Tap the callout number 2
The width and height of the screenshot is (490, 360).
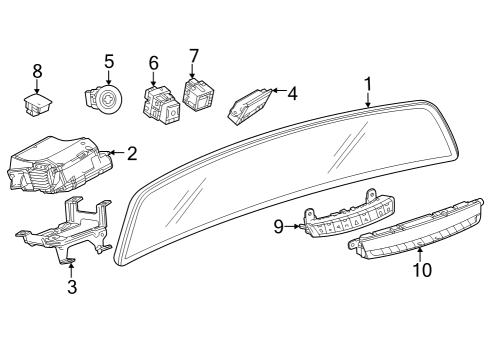(132, 153)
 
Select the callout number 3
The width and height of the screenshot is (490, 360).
(71, 288)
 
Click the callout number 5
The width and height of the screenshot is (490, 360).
(109, 60)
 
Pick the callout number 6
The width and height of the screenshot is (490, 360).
(153, 63)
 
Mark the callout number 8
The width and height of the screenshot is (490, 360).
(38, 70)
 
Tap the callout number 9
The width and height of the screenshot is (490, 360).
(279, 227)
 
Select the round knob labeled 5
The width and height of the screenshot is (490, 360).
(104, 99)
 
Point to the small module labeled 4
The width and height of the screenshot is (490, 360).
(250, 104)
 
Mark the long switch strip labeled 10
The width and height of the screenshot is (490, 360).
(415, 238)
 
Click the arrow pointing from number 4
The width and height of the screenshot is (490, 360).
(277, 94)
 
